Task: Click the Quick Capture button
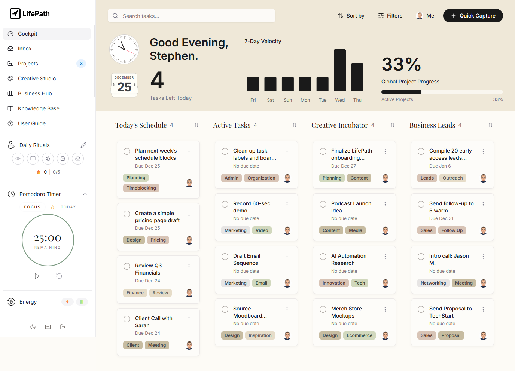click(x=473, y=16)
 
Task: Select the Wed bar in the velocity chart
click(x=339, y=70)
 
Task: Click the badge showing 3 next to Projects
click(x=81, y=64)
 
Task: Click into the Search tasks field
click(x=192, y=16)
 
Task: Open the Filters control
click(x=390, y=16)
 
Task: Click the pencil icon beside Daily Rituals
click(x=83, y=145)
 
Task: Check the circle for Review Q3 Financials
click(x=127, y=266)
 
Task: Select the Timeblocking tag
click(x=141, y=188)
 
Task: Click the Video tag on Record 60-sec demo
click(x=262, y=230)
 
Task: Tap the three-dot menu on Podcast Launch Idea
click(x=385, y=204)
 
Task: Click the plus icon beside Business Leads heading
click(x=479, y=125)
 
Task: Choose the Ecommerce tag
click(x=359, y=335)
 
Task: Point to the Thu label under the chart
click(x=357, y=100)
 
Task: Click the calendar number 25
click(x=124, y=87)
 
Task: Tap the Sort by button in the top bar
click(x=351, y=16)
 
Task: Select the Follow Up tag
click(x=452, y=230)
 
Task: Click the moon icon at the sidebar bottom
click(x=33, y=326)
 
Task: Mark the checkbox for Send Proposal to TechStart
click(x=421, y=309)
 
